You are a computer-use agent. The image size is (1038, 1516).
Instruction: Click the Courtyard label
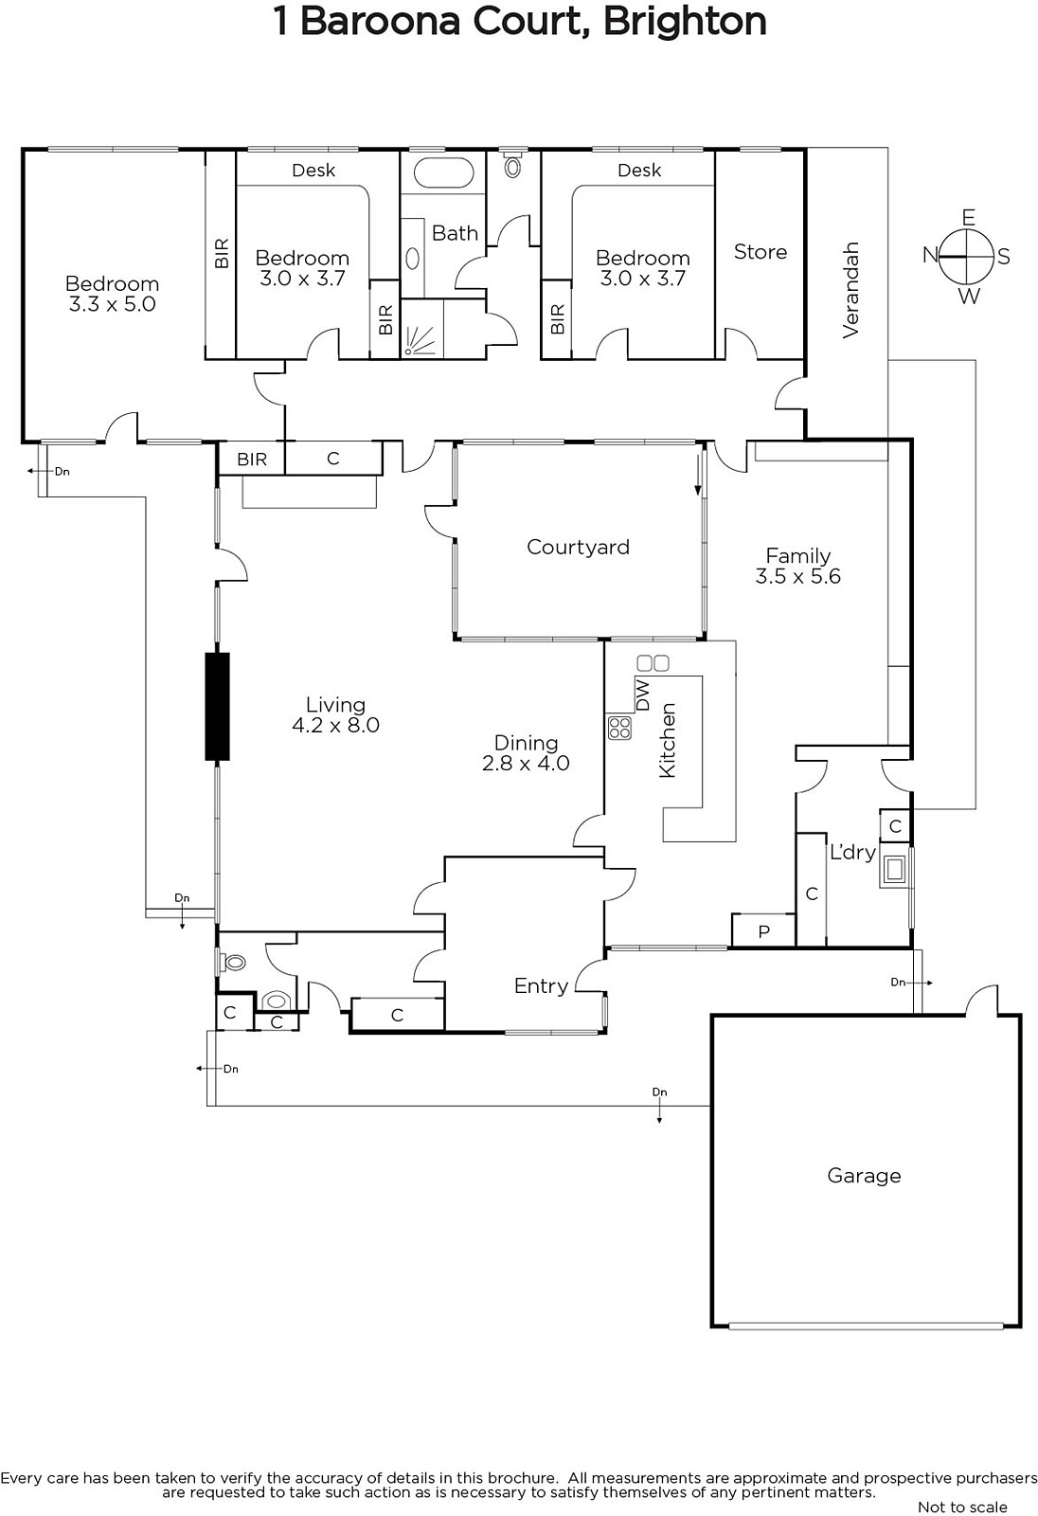coord(578,547)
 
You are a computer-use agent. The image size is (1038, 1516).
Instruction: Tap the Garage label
coord(864,1176)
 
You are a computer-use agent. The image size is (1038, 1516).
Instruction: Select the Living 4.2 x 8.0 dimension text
coord(335,725)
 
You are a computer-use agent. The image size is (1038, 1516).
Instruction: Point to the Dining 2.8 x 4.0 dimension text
coord(526,763)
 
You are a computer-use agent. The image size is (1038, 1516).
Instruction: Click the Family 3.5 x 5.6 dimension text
coord(798,576)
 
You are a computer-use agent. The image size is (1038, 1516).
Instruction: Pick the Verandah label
coord(850,290)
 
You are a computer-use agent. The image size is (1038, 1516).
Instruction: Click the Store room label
coord(761,252)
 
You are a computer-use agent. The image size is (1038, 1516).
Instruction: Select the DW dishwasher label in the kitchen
coord(643,695)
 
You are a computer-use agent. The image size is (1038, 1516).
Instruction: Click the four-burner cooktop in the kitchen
coord(619,728)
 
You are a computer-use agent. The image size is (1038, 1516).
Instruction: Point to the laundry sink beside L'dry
coord(895,868)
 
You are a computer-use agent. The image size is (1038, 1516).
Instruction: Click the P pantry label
coord(764,932)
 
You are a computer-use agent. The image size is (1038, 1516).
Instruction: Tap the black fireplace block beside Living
coord(217,706)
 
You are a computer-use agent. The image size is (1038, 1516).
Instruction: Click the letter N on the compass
coord(930,255)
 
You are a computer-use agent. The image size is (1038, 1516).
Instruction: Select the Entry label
coord(541,986)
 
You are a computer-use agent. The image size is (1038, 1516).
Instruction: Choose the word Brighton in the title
coord(685,22)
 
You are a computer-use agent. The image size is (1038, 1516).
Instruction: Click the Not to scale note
coord(962,1507)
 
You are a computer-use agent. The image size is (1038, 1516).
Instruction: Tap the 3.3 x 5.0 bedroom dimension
coord(113,304)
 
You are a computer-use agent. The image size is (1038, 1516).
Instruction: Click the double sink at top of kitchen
coord(653,662)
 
